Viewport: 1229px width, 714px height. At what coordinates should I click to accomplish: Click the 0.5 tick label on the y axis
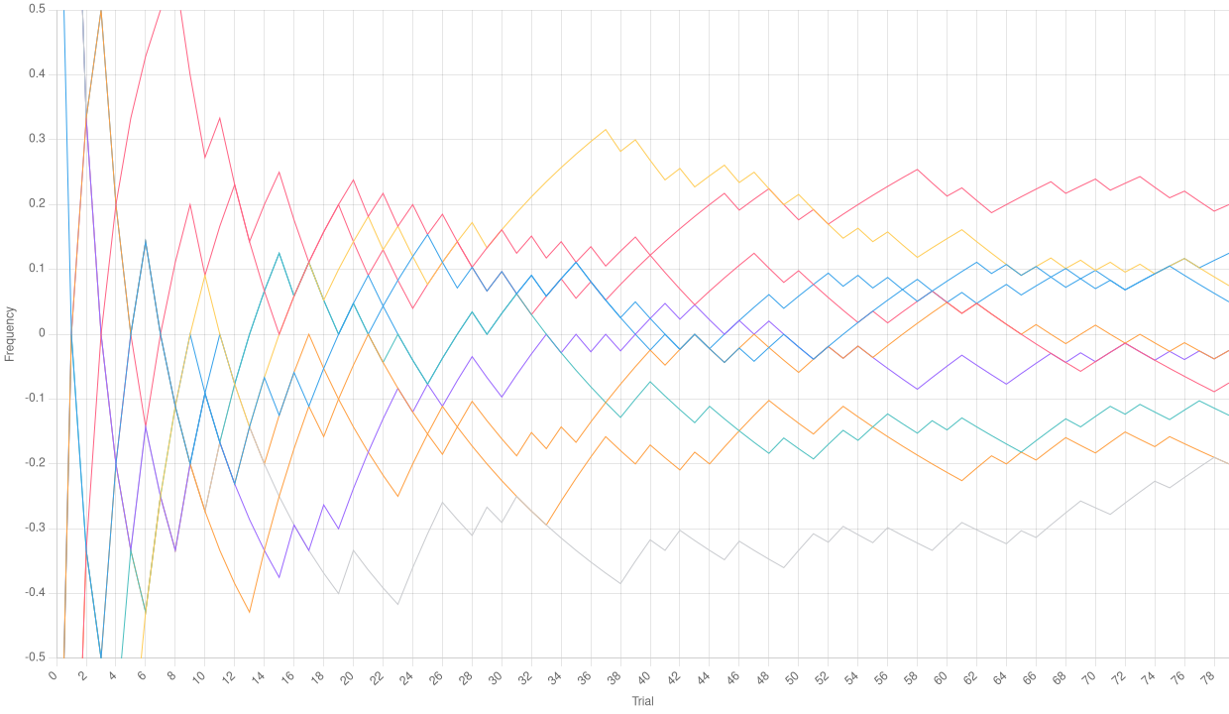tap(38, 9)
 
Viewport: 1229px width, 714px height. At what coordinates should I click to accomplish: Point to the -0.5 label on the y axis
tap(36, 656)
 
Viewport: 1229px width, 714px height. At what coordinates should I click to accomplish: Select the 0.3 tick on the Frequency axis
tap(38, 138)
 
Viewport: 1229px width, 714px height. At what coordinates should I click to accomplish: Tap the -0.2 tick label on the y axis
tap(36, 462)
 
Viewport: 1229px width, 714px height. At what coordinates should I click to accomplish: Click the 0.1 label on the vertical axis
tap(38, 268)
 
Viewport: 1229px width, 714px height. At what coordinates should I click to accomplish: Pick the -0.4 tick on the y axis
tap(36, 592)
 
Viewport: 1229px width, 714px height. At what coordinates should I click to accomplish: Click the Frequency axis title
tap(9, 332)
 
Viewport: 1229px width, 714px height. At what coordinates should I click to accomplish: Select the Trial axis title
tap(641, 701)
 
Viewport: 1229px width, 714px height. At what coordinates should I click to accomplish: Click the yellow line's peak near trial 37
tap(606, 129)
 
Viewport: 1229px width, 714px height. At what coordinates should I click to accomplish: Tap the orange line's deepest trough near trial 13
tap(250, 613)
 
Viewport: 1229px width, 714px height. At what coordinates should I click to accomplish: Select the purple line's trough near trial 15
tap(279, 577)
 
